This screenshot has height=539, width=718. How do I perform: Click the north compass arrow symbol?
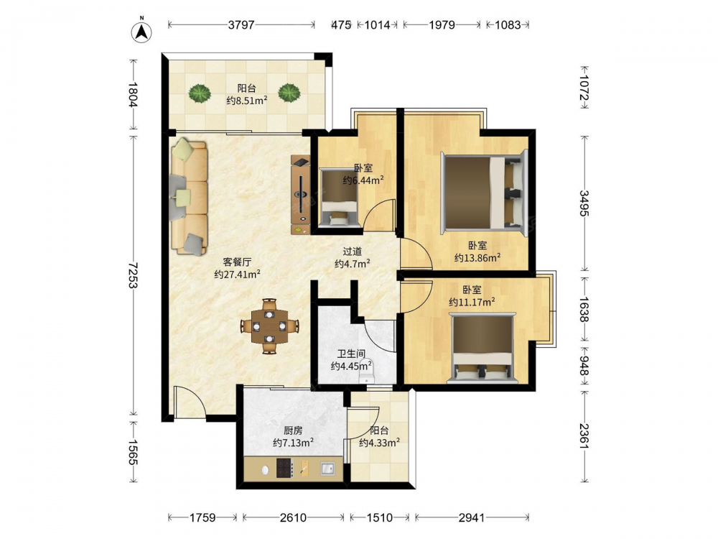(142, 32)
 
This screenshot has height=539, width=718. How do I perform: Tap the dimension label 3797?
(241, 24)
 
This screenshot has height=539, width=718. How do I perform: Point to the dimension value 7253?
(134, 275)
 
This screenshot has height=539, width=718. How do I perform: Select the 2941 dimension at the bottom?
(472, 517)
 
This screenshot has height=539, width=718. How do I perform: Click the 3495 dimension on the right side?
(584, 203)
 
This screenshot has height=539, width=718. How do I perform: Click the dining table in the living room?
(270, 326)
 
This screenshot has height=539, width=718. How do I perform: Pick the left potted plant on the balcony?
(199, 93)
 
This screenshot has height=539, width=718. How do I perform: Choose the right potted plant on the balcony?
(289, 93)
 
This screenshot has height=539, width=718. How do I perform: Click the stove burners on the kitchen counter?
(285, 469)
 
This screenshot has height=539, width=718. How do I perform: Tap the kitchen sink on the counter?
(327, 469)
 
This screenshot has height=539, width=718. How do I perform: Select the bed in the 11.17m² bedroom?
(482, 348)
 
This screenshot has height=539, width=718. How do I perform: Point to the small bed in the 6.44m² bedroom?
(338, 197)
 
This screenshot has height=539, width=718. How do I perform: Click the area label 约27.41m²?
(237, 275)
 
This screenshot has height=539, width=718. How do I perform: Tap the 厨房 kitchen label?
(293, 430)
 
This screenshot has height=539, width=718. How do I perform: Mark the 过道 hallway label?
(353, 251)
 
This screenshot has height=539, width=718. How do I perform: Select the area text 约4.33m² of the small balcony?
(380, 443)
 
